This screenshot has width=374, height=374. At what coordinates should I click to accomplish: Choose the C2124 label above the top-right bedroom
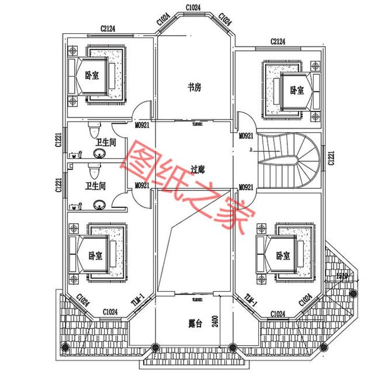(x=278, y=41)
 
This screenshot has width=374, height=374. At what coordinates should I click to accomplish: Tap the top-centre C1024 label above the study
(x=193, y=8)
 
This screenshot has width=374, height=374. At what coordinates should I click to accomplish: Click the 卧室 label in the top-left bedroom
(x=92, y=75)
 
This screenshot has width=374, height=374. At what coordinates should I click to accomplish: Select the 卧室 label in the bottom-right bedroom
(x=284, y=255)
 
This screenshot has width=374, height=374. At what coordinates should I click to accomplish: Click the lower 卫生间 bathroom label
(x=95, y=186)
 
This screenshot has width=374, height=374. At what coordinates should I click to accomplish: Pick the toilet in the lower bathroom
(x=92, y=171)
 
